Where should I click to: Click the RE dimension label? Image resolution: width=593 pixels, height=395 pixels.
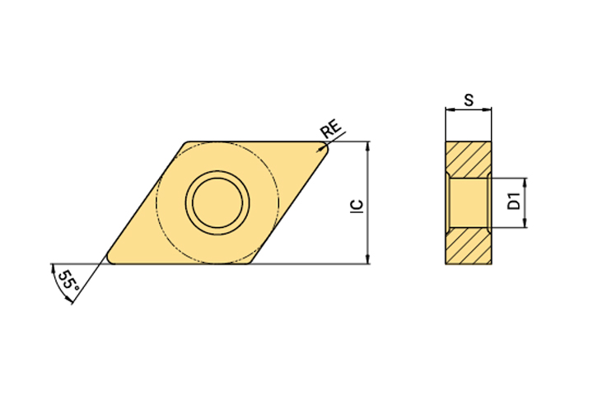(x=330, y=128)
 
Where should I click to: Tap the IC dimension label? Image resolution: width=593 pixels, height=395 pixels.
(x=357, y=207)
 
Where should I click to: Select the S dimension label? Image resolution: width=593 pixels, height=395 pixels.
(x=469, y=100)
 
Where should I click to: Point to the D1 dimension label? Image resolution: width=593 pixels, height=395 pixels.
(x=514, y=201)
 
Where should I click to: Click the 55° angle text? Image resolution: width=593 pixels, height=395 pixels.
(x=69, y=280)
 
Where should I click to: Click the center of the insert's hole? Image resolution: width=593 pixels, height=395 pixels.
(x=217, y=202)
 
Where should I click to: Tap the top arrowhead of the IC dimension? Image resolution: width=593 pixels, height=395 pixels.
(x=367, y=146)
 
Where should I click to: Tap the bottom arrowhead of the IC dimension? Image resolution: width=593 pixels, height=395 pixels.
(x=367, y=259)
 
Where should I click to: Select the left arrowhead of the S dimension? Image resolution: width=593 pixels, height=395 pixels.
(x=450, y=110)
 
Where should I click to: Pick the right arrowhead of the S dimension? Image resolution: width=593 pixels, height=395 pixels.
(x=487, y=110)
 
